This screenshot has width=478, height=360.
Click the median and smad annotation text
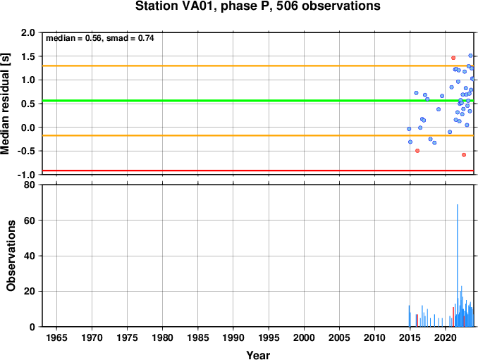point(100,38)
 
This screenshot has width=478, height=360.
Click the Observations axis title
point(11,256)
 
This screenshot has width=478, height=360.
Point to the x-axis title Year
point(258,355)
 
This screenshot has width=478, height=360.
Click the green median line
point(212,101)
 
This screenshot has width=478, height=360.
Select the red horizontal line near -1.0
point(212,171)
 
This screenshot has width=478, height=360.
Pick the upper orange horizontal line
point(212,66)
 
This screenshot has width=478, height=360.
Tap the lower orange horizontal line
point(212,135)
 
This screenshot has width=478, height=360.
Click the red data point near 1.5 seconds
point(453,58)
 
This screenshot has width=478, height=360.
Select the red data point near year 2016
point(417,151)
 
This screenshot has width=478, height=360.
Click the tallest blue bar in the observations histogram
point(458,264)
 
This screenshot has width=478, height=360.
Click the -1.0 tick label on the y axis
point(26,175)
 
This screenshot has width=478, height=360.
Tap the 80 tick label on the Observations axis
point(30,185)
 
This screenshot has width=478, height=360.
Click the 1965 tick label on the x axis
point(57,337)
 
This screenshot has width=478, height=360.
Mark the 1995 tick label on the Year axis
point(269,337)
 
